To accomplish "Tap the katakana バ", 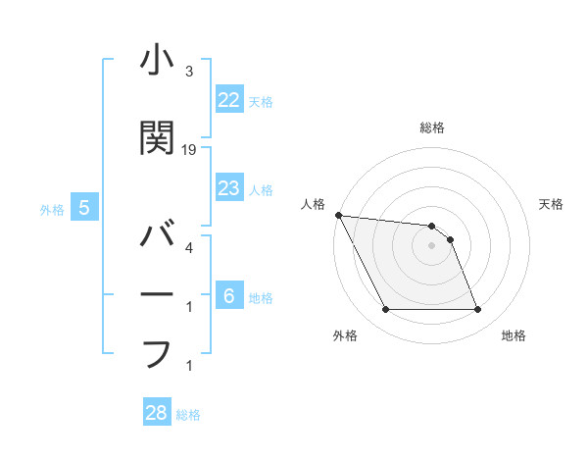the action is coord(157,236).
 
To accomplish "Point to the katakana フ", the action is coord(157,353).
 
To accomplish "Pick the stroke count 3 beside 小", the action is coord(189,72).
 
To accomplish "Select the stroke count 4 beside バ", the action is coord(189,247).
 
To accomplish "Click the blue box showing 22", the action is coord(228,99).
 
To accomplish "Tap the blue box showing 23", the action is coord(228,188).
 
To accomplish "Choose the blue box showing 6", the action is coord(228,295).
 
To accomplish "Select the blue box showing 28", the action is coord(157,413).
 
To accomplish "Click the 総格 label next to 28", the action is coord(188,415).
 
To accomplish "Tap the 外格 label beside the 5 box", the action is coord(52,209).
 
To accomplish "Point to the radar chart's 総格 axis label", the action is coord(432,128).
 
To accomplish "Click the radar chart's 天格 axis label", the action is coord(552,204).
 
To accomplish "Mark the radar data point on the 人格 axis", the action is coord(338,215).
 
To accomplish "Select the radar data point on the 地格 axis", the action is coord(478,310).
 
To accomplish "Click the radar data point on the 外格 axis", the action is coord(385,310).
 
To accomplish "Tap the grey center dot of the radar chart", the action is coord(432,245).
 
